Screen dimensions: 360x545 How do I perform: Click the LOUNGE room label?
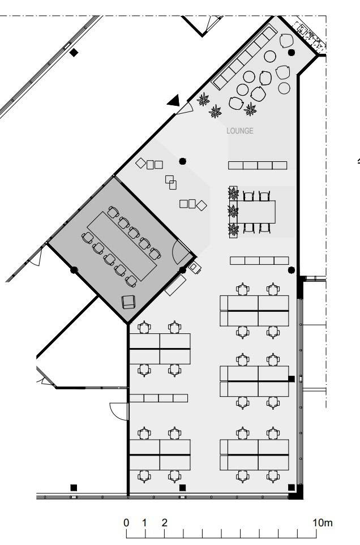point(240,131)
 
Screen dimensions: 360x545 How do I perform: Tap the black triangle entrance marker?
point(174,100)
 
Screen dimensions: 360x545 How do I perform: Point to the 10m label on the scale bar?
point(323,522)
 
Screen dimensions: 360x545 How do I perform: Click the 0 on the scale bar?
point(126,522)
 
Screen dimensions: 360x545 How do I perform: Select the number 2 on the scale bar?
point(164,522)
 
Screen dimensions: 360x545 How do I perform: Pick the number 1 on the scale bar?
point(144,522)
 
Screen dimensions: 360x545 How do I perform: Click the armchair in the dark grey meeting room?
point(128,302)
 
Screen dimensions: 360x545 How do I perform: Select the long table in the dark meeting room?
point(122,246)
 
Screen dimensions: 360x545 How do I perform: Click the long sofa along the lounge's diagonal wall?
point(245,58)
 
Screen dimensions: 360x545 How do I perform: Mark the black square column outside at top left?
point(74,53)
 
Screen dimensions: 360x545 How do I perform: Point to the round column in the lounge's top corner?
point(291,53)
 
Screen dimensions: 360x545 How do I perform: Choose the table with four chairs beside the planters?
point(257,212)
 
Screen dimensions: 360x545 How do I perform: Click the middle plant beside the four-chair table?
point(233,211)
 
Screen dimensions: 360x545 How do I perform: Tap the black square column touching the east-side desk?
point(291,379)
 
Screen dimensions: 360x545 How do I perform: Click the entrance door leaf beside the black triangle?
point(185,109)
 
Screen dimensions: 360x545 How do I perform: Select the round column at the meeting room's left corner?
point(74,270)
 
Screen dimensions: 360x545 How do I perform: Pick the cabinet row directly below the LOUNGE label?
point(258,165)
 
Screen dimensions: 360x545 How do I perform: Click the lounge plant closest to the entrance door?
point(203,100)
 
